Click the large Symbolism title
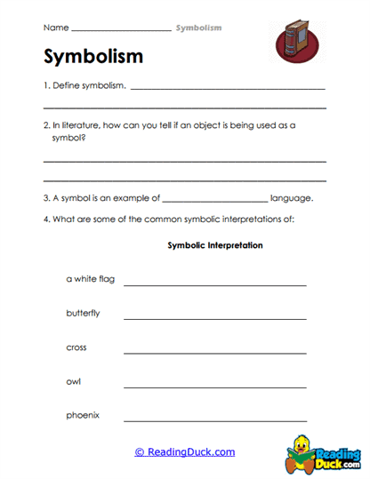[x=92, y=57]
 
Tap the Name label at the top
[x=53, y=28]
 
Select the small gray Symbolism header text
[x=198, y=28]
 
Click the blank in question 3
[x=214, y=201]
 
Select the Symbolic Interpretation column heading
[x=214, y=245]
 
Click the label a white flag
[x=90, y=279]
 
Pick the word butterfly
[x=83, y=313]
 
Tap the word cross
[x=76, y=347]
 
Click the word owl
[x=74, y=380]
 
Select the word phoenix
[x=83, y=414]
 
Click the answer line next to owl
[x=214, y=386]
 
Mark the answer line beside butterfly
[x=214, y=318]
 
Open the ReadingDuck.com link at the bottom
[x=185, y=451]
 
